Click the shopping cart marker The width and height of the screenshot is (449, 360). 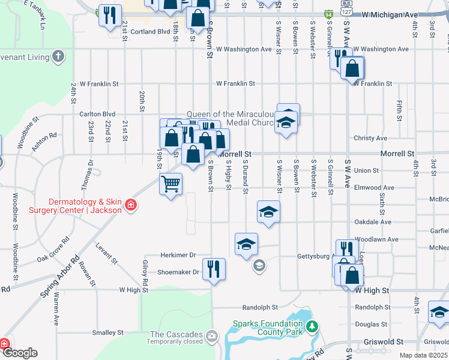pos(171,183)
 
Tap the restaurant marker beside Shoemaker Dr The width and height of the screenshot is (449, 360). pos(214,268)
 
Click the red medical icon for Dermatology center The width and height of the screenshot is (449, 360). pos(130,206)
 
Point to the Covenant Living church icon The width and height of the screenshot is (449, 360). pos(58,57)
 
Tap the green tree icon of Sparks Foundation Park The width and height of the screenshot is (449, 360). pos(312,327)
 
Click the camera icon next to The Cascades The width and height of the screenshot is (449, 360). pos(211,335)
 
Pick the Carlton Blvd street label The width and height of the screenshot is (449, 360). pos(97,113)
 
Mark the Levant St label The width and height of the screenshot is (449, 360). pos(106,254)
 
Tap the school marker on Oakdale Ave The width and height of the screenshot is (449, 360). pos(268,211)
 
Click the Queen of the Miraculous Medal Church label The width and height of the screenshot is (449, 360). pos(231,118)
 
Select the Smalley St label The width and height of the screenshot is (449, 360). pos(107,332)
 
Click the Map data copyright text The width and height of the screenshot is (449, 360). pos(423,355)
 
